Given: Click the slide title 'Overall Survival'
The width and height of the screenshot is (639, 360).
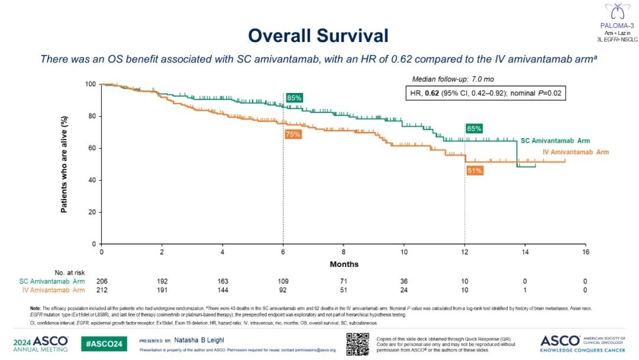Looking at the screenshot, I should coord(318,36).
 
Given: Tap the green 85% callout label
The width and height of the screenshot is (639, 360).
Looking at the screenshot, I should coord(293,98).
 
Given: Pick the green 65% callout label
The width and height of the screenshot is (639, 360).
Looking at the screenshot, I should coord(474,128).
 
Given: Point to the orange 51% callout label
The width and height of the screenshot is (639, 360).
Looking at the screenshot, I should coord(474,171).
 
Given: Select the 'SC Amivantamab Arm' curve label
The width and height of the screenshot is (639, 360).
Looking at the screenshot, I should coord(555,141).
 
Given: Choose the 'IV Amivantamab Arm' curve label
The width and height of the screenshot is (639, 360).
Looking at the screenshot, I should coord(576,152).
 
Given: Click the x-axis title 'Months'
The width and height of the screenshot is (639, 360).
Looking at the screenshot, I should coord(344,264).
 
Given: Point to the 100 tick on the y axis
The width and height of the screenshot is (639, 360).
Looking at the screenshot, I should coord(92,84).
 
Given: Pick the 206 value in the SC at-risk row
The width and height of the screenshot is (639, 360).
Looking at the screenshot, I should coord(102,281).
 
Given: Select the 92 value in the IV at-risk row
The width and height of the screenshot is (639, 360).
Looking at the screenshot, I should coord(283,290).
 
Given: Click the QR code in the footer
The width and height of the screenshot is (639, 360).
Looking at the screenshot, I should coord(357,344).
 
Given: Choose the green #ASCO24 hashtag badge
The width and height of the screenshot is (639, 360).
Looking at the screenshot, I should coord(104,344).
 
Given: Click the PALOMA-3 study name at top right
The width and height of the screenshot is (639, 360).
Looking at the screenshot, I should coord(617,26).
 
